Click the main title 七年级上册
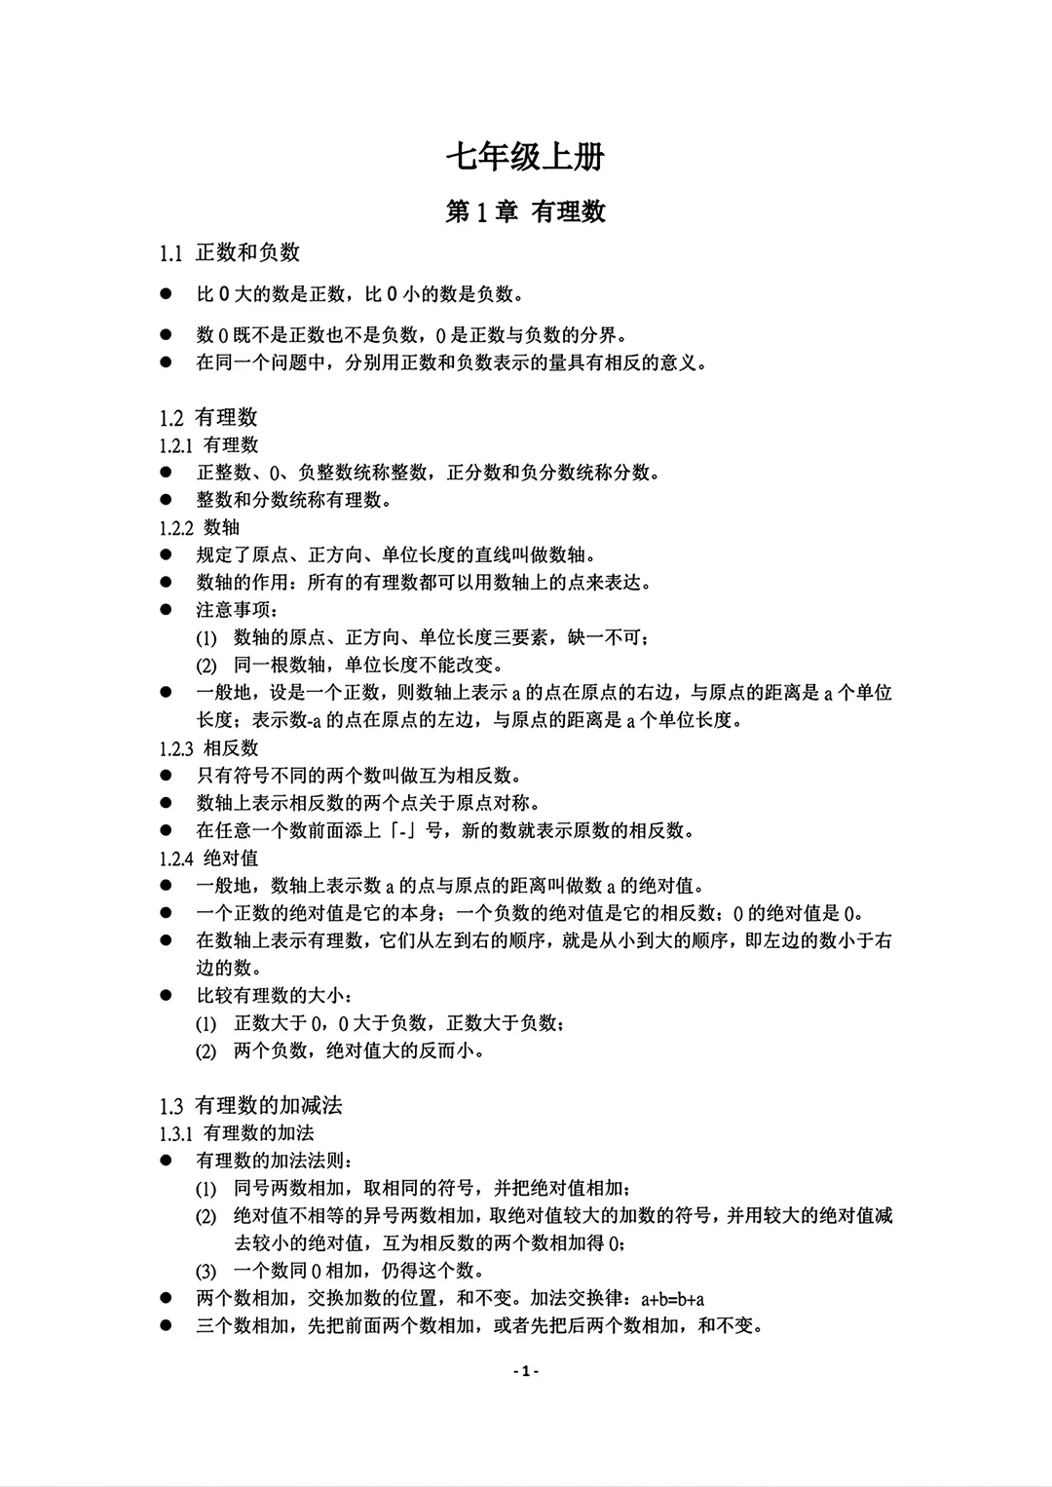click(x=525, y=157)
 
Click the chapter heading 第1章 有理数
click(x=525, y=211)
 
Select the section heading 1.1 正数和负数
click(x=230, y=253)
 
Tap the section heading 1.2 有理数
click(x=208, y=418)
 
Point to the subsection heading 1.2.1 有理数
click(x=209, y=445)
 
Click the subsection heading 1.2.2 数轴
click(x=200, y=528)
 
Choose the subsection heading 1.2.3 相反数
click(x=209, y=748)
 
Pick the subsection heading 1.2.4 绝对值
click(x=209, y=858)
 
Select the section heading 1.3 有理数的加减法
click(x=251, y=1106)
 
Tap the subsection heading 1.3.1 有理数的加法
click(x=237, y=1133)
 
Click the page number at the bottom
click(x=526, y=1371)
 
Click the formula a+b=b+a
click(x=672, y=1299)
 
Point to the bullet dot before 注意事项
click(x=167, y=610)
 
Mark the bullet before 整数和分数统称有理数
click(x=167, y=500)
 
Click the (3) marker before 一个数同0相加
click(x=206, y=1271)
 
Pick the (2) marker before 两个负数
click(x=206, y=1051)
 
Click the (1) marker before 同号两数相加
click(x=206, y=1189)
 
